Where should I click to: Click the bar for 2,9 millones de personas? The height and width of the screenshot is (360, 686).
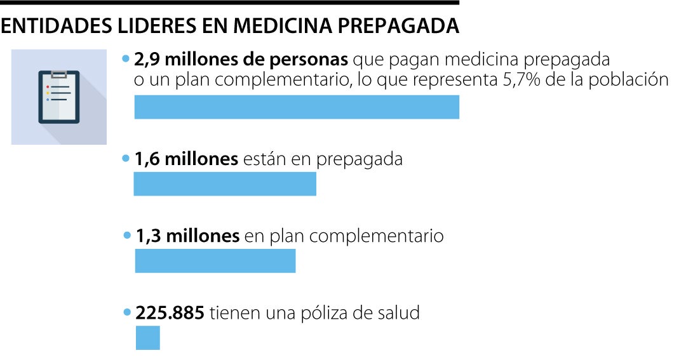pyautogui.click(x=297, y=107)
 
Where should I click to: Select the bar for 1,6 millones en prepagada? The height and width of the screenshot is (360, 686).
pyautogui.click(x=225, y=183)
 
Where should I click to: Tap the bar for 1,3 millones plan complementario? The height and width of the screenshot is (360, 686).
pyautogui.click(x=215, y=261)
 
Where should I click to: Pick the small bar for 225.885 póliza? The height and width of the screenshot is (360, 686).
pyautogui.click(x=148, y=338)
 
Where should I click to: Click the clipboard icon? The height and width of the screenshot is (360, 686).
pyautogui.click(x=59, y=97)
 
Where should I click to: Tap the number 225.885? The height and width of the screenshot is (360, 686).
pyautogui.click(x=170, y=313)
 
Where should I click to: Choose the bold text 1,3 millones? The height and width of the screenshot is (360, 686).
pyautogui.click(x=187, y=236)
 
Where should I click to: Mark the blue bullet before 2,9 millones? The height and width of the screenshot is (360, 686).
pyautogui.click(x=126, y=60)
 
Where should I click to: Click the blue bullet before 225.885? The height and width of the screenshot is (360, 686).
pyautogui.click(x=127, y=313)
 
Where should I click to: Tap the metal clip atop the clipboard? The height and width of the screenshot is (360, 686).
pyautogui.click(x=59, y=74)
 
